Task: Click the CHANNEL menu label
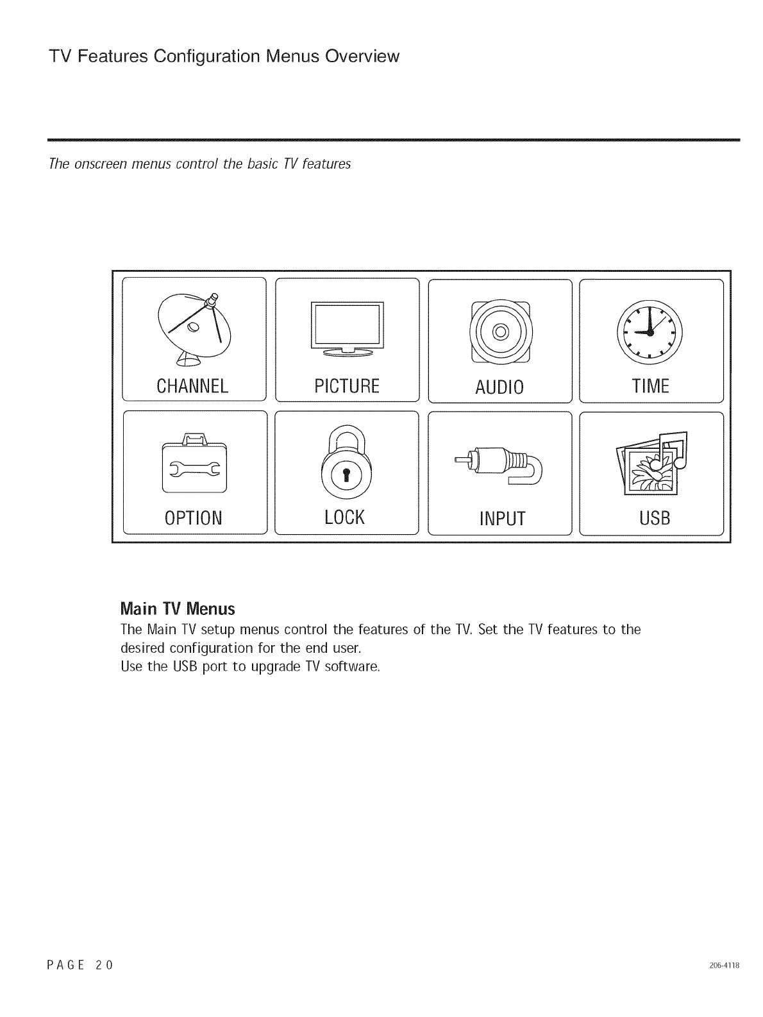192,386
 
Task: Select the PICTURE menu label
347,386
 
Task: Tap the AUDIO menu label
499,387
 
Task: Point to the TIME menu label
650,386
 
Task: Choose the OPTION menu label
193,517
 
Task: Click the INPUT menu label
501,518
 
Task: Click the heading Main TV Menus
178,608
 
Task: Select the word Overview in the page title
362,56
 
